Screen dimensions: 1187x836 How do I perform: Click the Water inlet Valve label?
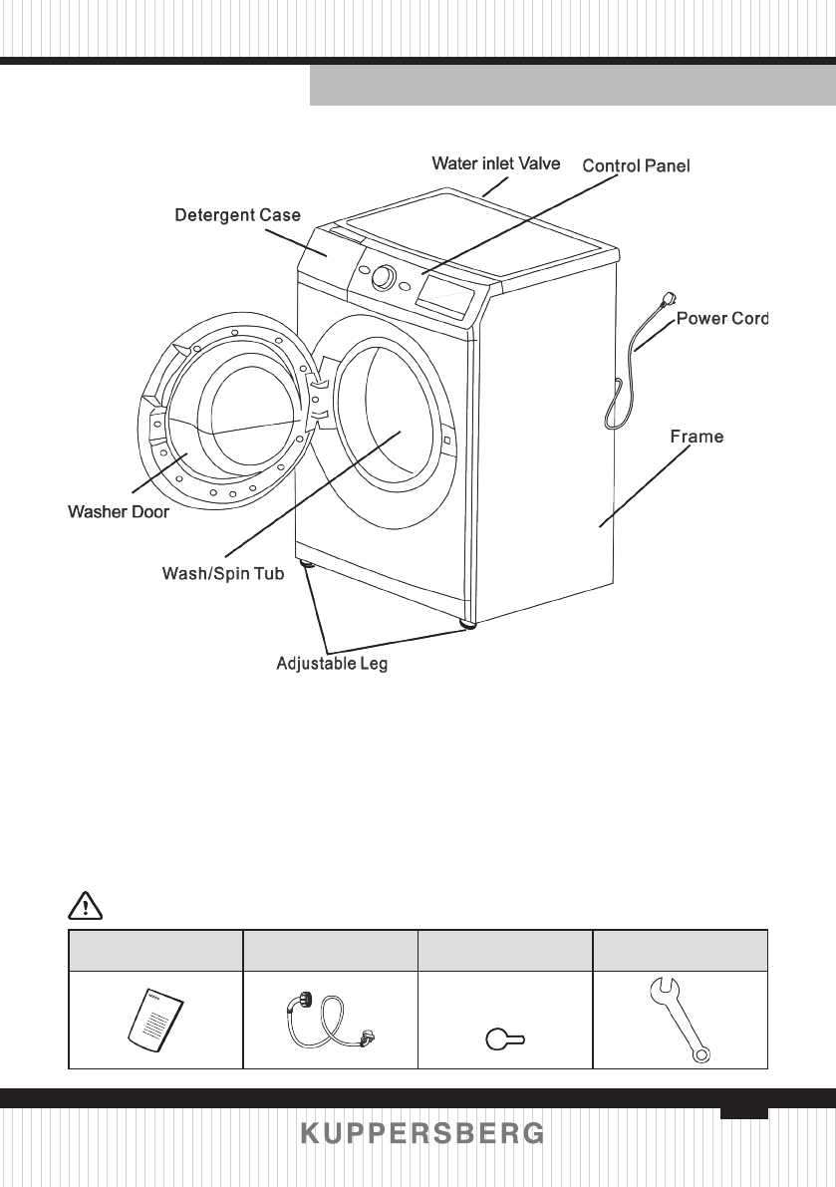coord(495,162)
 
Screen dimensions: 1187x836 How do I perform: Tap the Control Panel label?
coord(636,164)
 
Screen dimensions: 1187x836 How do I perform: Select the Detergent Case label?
coord(237,214)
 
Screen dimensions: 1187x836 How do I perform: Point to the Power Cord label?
coord(722,319)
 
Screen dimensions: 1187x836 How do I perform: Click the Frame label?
coord(697,437)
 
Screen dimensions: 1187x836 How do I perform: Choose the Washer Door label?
coord(118,512)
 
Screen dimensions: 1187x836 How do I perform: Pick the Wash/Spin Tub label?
coord(222,574)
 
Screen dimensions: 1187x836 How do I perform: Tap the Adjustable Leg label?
coord(331,664)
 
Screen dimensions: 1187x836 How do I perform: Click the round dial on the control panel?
coord(383,278)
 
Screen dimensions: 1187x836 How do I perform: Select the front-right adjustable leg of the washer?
coord(467,625)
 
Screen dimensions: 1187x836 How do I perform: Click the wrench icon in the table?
coord(680,1020)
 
